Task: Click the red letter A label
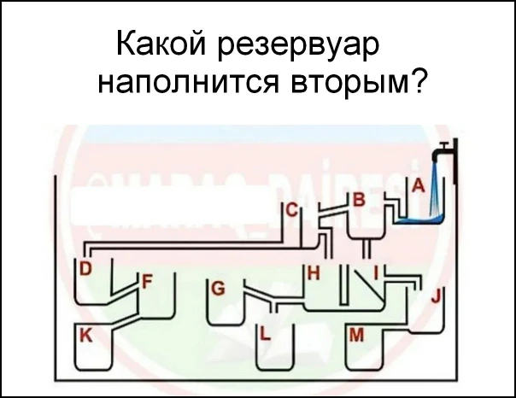click(418, 184)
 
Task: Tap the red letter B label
click(360, 200)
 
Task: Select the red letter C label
click(291, 210)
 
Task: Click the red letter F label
click(146, 280)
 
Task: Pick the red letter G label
click(218, 288)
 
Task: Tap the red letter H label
click(313, 274)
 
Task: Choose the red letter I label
click(376, 273)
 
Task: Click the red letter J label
click(437, 297)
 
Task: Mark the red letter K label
click(85, 337)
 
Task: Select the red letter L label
click(265, 335)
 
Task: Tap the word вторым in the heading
click(342, 85)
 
